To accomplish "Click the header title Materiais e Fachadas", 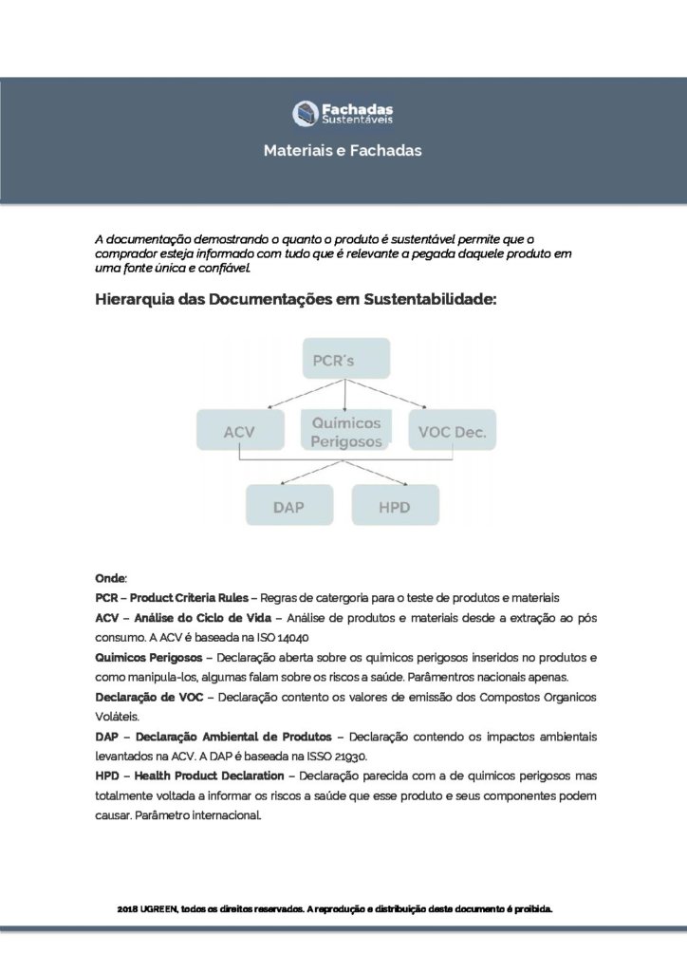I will (x=343, y=150).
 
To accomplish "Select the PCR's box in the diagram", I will (x=344, y=361).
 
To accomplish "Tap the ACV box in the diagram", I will (x=240, y=433).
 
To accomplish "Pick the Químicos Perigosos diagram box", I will (x=344, y=432).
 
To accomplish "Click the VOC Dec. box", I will (x=452, y=433).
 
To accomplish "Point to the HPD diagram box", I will (x=395, y=507).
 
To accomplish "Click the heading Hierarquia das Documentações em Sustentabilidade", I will (x=296, y=300).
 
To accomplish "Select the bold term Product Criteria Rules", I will (x=189, y=598).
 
